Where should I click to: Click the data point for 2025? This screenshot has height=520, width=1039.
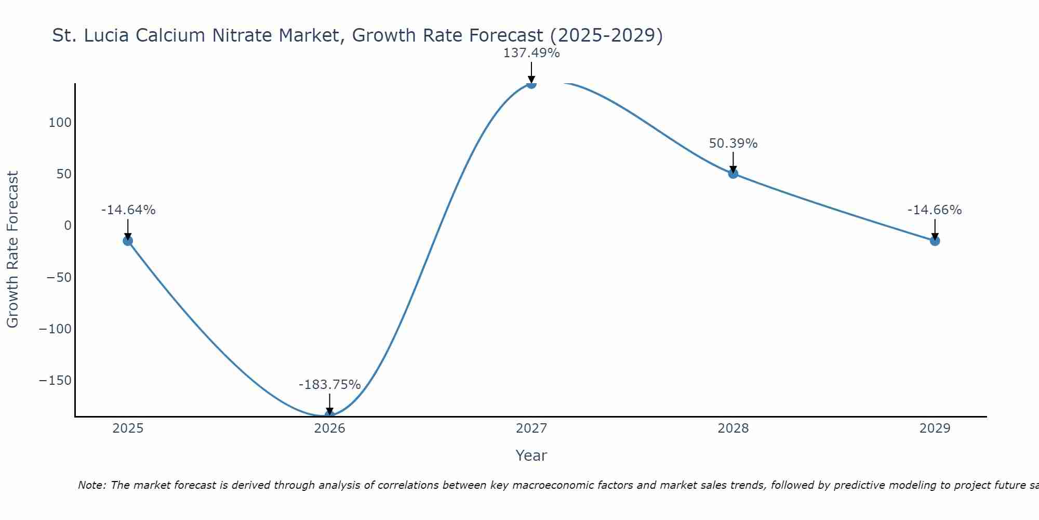[128, 241]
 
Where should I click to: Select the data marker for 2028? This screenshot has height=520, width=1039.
[733, 174]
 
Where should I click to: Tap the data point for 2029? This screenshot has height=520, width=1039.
[935, 241]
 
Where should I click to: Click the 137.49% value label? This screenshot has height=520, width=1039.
[531, 53]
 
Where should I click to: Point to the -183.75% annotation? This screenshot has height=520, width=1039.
[329, 385]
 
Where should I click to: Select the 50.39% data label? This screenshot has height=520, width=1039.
[733, 144]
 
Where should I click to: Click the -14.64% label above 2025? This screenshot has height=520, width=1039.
[128, 210]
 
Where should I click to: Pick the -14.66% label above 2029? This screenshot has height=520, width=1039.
[935, 210]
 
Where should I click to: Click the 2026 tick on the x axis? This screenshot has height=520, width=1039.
[329, 428]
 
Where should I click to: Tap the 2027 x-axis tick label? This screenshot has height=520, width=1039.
[531, 428]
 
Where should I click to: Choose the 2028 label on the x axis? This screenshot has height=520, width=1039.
[733, 428]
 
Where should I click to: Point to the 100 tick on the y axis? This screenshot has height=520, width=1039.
[60, 123]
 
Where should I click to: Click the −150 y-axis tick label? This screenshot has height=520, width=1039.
[55, 381]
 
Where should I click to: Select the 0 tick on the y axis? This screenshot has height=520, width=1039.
[68, 226]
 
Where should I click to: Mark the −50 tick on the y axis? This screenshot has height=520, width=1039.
[58, 277]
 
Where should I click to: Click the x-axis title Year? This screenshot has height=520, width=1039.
[531, 456]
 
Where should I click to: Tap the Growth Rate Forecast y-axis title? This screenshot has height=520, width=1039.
[12, 250]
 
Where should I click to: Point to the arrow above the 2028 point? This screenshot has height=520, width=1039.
[733, 162]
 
